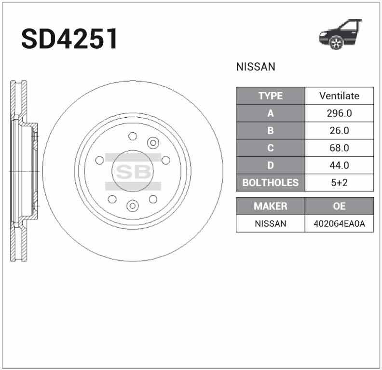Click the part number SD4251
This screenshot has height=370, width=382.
pos(69,39)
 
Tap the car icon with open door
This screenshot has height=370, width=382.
pos(341,35)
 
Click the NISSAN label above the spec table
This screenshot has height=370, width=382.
pos(256,67)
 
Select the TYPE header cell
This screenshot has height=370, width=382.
pos(270,96)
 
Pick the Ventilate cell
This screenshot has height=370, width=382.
pos(339,96)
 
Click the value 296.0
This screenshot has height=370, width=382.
pos(339,113)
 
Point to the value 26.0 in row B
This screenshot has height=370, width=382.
pos(339,131)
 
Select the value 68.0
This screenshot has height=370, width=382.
pos(339,148)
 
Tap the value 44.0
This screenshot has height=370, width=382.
pos(339,165)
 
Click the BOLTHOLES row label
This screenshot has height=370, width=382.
pos(270,183)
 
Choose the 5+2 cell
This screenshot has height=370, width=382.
pos(339,183)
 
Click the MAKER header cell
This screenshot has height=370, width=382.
pos(270,206)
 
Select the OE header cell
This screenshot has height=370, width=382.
pos(339,206)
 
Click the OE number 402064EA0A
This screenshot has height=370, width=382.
pos(339,223)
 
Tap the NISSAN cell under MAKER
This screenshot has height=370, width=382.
pos(270,223)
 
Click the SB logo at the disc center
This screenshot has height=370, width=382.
pos(133,171)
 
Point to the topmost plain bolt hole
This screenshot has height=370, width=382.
pos(133,137)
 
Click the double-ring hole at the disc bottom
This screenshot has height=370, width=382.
pos(132,206)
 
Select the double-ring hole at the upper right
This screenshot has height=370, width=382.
pos(153,142)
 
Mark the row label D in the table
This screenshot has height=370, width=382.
pos(270,165)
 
